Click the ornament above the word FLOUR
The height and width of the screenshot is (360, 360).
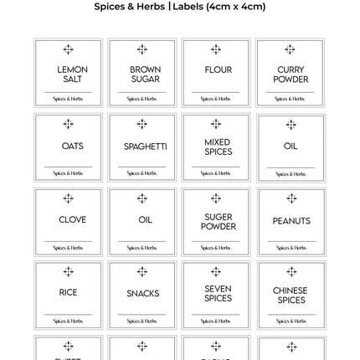216,50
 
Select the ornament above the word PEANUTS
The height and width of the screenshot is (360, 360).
291,199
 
